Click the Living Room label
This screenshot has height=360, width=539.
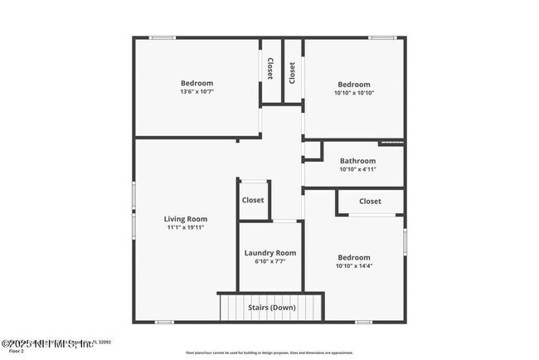[x=185, y=219]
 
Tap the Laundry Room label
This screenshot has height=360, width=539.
[x=269, y=253]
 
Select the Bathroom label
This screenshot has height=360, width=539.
[x=357, y=161]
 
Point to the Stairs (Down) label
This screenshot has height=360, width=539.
[x=272, y=308]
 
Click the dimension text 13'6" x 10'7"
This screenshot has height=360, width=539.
[x=197, y=91]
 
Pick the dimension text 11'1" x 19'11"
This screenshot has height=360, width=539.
[x=185, y=227]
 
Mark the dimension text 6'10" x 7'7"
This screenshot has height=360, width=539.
[x=269, y=262]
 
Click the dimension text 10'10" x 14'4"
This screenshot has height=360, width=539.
[x=353, y=266]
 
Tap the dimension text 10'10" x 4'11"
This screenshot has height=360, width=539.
[x=357, y=169]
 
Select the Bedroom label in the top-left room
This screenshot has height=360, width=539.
[x=197, y=83]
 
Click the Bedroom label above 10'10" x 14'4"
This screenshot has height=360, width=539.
[x=353, y=258]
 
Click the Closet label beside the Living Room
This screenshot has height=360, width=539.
[x=253, y=200]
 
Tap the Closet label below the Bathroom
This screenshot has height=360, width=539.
[x=370, y=202]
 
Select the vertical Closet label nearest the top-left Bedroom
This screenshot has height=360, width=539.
[x=271, y=70]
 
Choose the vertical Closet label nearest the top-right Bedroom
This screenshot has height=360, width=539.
[x=292, y=73]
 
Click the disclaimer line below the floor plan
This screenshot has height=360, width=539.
[x=269, y=353]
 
